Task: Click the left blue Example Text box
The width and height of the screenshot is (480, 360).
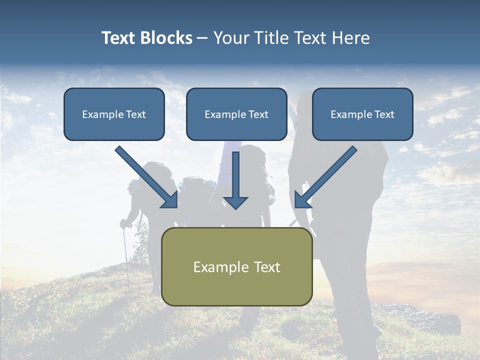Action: (114, 114)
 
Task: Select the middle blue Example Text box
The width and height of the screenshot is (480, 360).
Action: (236, 114)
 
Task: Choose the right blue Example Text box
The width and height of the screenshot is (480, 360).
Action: (362, 114)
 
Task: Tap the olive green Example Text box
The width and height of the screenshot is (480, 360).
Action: (236, 266)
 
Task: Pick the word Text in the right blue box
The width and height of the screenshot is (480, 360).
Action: (384, 114)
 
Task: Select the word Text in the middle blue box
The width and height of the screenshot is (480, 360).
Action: (258, 114)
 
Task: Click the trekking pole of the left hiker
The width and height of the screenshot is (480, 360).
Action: (126, 260)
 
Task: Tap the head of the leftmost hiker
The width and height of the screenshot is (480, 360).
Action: (134, 186)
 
